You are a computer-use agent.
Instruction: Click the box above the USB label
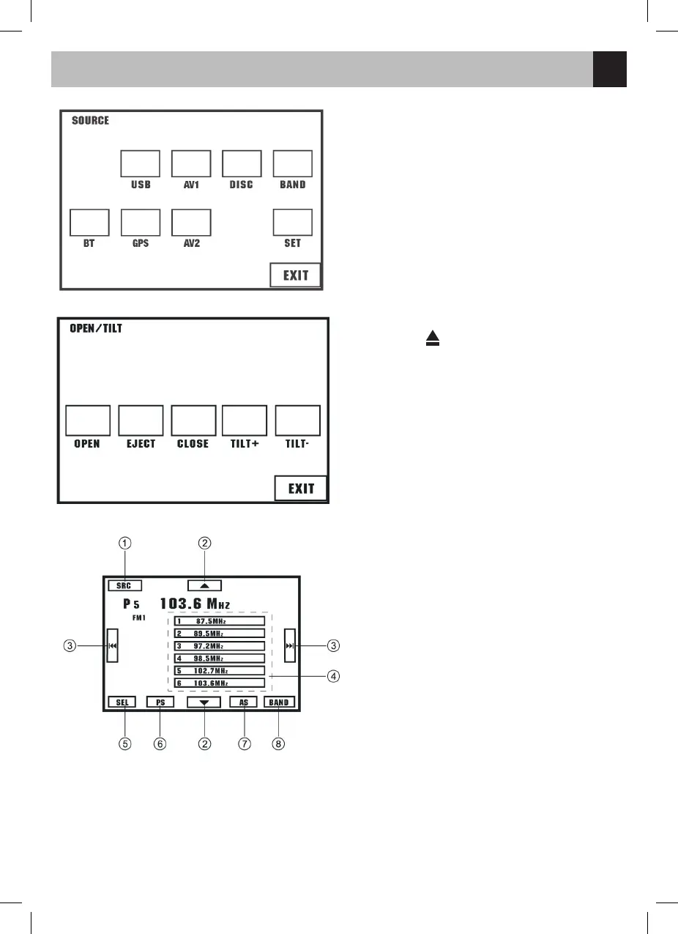click(x=140, y=163)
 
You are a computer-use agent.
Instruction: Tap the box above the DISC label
click(x=242, y=163)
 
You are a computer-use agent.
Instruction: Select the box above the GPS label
click(x=140, y=222)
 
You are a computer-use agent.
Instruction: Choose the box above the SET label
click(x=293, y=222)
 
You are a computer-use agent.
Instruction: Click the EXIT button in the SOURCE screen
click(x=295, y=275)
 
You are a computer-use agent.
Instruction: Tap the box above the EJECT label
click(x=141, y=420)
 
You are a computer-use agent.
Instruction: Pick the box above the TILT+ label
click(x=245, y=420)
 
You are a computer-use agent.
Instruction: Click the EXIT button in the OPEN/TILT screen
click(x=301, y=489)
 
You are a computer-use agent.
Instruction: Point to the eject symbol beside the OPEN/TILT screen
click(x=433, y=338)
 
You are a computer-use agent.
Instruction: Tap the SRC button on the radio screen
click(x=124, y=586)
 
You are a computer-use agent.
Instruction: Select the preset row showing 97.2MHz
click(x=219, y=646)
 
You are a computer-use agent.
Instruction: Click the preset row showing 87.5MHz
click(x=219, y=621)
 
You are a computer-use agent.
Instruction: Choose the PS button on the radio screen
click(x=160, y=702)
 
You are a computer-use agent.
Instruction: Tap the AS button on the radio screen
click(x=244, y=702)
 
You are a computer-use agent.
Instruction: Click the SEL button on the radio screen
click(x=122, y=702)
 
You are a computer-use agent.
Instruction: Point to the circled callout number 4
click(x=333, y=676)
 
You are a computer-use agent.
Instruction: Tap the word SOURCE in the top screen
click(x=90, y=121)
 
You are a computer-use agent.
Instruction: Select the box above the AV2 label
click(x=191, y=222)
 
